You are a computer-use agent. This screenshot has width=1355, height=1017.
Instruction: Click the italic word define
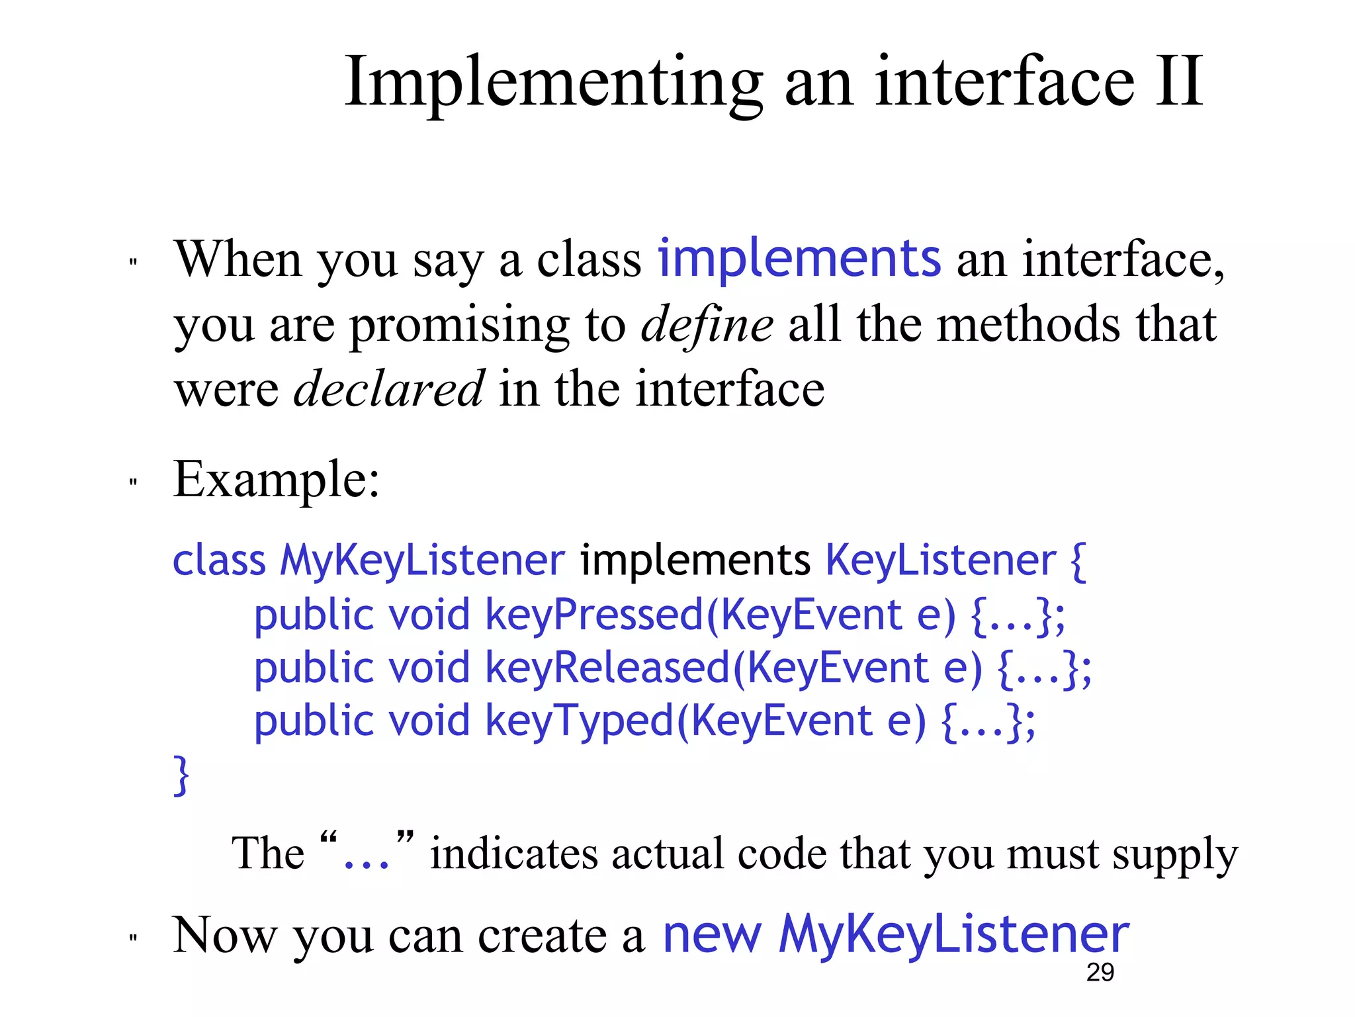[x=707, y=324]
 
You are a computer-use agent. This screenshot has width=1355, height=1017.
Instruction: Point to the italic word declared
[x=388, y=388]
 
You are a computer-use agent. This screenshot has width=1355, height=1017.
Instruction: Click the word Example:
[x=277, y=479]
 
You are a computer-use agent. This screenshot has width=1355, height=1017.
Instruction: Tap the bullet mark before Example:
[x=133, y=482]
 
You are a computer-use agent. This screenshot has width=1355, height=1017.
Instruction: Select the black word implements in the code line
[x=695, y=560]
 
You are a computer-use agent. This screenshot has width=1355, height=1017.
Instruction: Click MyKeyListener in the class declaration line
[x=422, y=560]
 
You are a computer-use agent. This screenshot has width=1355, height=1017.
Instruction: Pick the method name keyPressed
[x=594, y=615]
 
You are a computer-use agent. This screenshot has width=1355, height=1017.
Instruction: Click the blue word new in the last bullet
[x=711, y=934]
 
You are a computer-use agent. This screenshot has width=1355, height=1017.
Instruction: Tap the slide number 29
[x=1100, y=972]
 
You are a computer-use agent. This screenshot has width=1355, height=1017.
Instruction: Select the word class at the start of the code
[x=218, y=560]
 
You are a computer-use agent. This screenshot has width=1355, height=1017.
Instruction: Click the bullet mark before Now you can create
[x=133, y=938]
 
